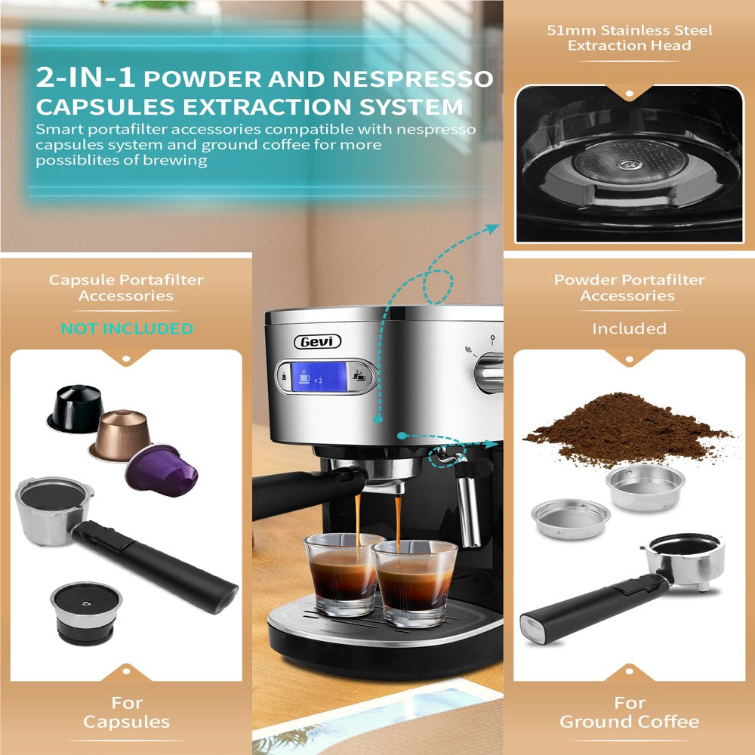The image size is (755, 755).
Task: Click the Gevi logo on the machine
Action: point(317,341)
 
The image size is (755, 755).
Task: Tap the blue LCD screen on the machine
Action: point(319,377)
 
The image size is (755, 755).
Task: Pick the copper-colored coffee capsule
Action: point(119,435)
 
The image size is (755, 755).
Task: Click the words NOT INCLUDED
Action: point(127,328)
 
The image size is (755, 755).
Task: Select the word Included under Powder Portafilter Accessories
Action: point(629,328)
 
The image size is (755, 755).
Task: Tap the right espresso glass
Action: point(414,583)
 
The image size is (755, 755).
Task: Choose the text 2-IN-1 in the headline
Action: point(85,78)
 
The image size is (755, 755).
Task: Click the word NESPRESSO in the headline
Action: point(413,79)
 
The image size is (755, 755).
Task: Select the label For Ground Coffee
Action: point(629,712)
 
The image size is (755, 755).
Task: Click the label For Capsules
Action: point(127,712)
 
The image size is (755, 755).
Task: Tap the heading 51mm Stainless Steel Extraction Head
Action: point(630,38)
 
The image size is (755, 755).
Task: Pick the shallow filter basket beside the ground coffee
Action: point(571,519)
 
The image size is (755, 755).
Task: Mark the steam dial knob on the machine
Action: point(488,371)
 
